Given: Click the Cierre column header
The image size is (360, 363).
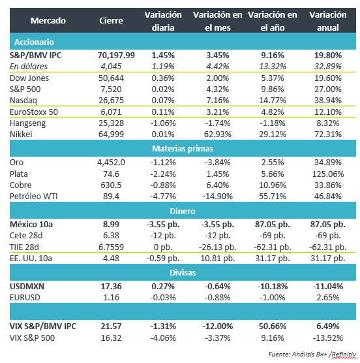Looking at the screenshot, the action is pos(112,21).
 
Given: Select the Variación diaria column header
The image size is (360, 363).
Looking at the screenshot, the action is pos(163,21).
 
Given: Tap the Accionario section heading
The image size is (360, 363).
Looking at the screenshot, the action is pos(34,42).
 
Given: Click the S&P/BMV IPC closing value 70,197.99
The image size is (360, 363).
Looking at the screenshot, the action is pos(116,55).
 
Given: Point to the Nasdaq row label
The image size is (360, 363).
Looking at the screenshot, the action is pos(23,101).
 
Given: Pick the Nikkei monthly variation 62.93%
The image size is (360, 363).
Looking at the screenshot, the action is pos(218,134).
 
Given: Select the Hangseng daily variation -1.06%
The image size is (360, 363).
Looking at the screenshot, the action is pos(163,123).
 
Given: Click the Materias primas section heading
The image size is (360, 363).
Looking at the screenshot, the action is pos(183,149).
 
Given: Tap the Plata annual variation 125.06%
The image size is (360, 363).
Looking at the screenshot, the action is pos(328,174).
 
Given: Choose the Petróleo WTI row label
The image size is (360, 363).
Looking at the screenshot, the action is pos(33,197).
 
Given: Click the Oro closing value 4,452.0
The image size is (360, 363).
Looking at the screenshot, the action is pos(112,163).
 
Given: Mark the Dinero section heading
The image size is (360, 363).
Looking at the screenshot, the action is pos(183,211).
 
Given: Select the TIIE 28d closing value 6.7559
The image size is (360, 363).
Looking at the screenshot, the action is pos(112,247).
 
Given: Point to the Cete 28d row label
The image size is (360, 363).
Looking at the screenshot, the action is pos(26,236).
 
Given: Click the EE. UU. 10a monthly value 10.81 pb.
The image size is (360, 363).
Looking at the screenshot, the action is pos(218,259).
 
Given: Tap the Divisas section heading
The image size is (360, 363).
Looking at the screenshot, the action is pos(183,273).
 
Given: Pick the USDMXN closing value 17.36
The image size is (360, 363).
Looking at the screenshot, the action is pos(112,287).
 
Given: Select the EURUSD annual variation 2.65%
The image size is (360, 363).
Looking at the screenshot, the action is pos(328,298).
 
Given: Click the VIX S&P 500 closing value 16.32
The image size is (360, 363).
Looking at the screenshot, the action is pos(112,338).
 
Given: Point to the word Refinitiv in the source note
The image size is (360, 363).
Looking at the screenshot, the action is pos(344,355).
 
